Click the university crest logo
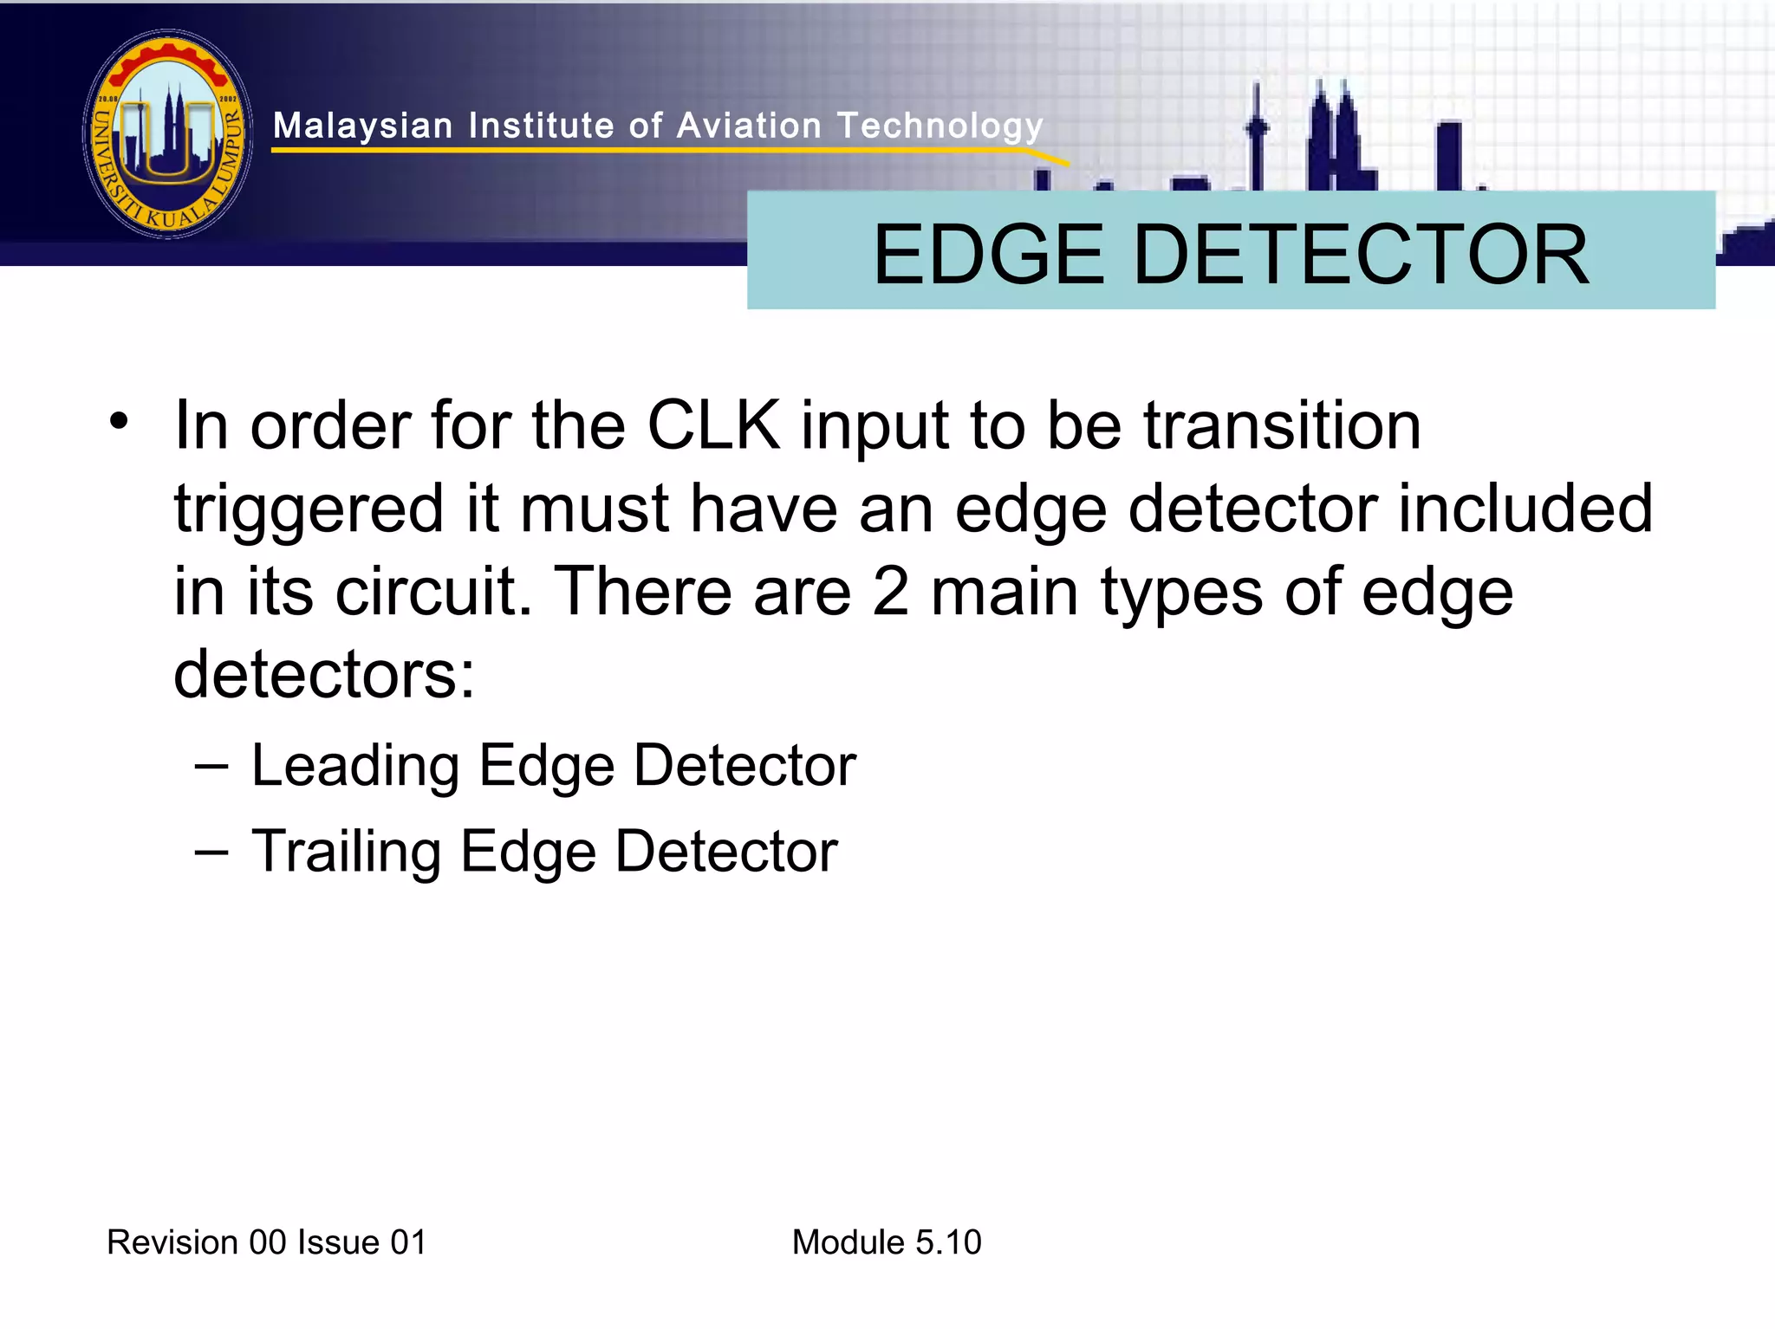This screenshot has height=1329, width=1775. [168, 134]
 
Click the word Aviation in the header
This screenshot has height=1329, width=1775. [749, 126]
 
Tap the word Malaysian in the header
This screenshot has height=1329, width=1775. [363, 126]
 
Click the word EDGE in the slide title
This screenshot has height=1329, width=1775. [988, 254]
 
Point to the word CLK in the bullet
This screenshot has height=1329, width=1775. [713, 425]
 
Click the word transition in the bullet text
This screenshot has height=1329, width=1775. [1282, 425]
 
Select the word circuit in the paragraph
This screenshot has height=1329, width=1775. [433, 592]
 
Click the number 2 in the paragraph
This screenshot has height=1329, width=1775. [891, 592]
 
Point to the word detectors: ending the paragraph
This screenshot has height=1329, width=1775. [324, 675]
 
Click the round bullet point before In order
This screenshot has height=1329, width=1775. [119, 422]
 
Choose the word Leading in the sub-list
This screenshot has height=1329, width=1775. [355, 766]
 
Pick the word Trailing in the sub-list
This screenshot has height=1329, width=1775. [346, 851]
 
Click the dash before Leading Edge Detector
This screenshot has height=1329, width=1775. [212, 766]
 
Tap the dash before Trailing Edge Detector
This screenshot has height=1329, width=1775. [212, 851]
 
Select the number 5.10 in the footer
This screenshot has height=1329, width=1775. [948, 1242]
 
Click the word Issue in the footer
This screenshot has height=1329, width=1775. [338, 1242]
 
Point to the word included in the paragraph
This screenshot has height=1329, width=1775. [1525, 509]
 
